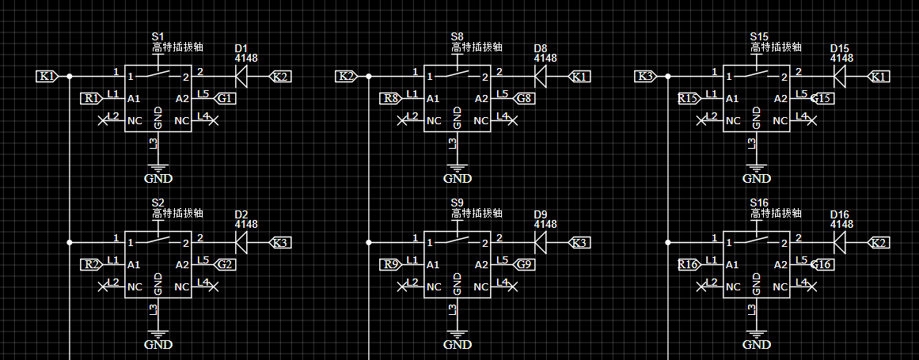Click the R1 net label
pyautogui.click(x=92, y=99)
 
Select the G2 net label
pyautogui.click(x=226, y=264)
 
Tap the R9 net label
pyautogui.click(x=390, y=264)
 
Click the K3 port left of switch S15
pyautogui.click(x=646, y=76)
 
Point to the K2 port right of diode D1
pyautogui.click(x=279, y=76)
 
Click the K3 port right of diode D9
pyautogui.click(x=579, y=242)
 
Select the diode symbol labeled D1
pyautogui.click(x=241, y=76)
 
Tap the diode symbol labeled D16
pyautogui.click(x=839, y=242)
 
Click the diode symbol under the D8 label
pyautogui.click(x=540, y=76)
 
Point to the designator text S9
pyautogui.click(x=458, y=203)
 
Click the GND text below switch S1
pyautogui.click(x=158, y=179)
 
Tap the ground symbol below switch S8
pyautogui.click(x=458, y=168)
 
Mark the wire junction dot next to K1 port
pyautogui.click(x=69, y=76)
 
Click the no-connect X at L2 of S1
pyautogui.click(x=103, y=121)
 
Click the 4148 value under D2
pyautogui.click(x=246, y=224)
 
